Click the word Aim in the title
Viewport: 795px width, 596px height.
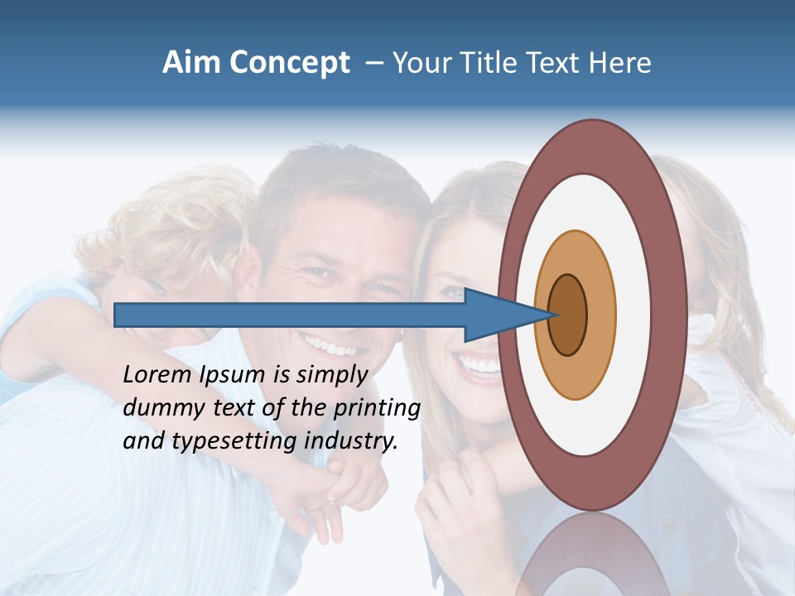[191, 63]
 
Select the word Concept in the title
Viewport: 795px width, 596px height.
[288, 63]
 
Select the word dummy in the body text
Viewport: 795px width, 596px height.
[158, 408]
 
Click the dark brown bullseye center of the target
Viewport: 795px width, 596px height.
[568, 315]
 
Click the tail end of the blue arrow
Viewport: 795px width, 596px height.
[118, 315]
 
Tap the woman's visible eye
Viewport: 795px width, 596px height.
[455, 293]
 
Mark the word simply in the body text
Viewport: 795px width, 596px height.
[330, 375]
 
